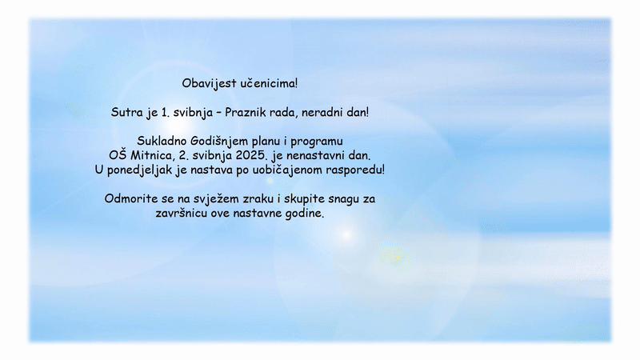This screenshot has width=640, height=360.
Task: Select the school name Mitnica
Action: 152,155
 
